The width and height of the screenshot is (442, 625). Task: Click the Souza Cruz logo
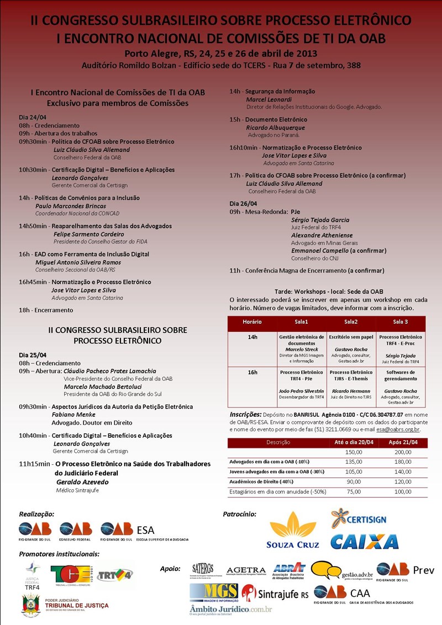(293, 530)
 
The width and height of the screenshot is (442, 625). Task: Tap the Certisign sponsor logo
(359, 520)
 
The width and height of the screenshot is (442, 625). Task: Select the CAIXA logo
(364, 541)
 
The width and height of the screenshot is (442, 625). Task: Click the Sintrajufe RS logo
(275, 594)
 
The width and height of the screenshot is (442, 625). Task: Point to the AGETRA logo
(246, 570)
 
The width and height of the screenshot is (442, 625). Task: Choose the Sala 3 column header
(401, 321)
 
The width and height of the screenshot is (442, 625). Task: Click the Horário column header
(252, 321)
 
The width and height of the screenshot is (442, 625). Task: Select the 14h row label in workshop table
(252, 337)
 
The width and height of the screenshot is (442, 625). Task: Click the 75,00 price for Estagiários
(354, 491)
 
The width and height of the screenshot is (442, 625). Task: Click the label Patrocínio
(239, 514)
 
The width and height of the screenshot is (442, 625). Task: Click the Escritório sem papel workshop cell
(351, 337)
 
